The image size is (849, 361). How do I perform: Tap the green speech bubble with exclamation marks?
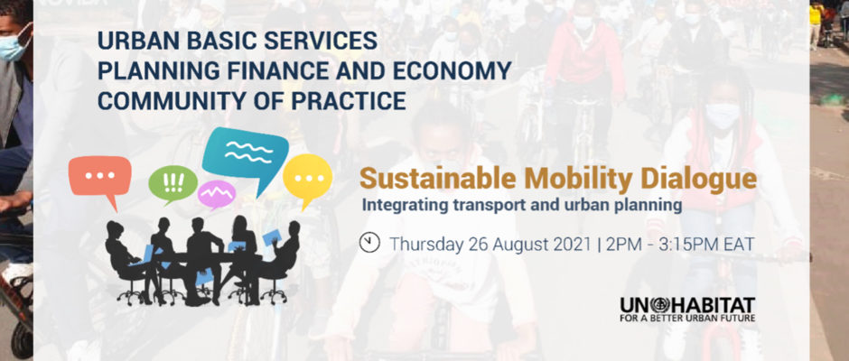click(x=173, y=184)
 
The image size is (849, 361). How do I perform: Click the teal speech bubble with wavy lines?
click(x=247, y=154)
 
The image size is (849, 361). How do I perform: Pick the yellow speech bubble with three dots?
click(x=308, y=179)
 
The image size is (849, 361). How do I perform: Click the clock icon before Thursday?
click(x=369, y=243)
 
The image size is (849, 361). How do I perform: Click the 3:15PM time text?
click(x=685, y=244)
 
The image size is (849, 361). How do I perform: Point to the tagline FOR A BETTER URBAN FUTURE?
click(x=687, y=318)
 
